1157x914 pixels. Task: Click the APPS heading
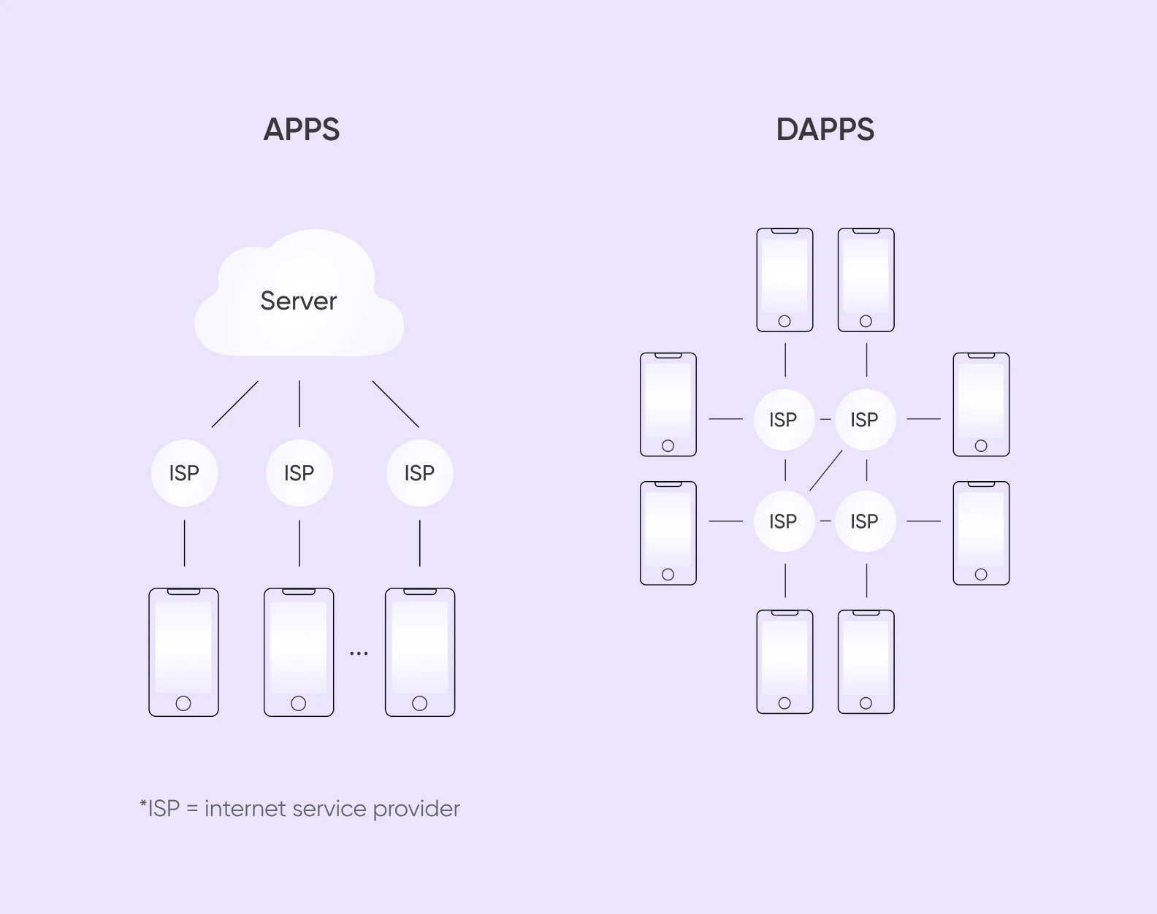tap(301, 130)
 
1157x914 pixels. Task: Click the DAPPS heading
tap(825, 130)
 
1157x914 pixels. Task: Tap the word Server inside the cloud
tap(298, 301)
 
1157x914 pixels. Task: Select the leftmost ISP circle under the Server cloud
tap(184, 473)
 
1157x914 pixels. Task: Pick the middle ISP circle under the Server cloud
tap(299, 473)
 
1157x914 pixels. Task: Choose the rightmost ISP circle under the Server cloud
tap(419, 473)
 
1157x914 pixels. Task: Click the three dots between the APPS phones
tap(359, 653)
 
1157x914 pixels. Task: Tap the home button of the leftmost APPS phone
tap(183, 703)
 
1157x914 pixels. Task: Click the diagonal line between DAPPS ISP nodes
tap(825, 471)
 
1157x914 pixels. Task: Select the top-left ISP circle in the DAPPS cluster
tap(783, 420)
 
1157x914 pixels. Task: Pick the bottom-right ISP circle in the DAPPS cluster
tap(864, 521)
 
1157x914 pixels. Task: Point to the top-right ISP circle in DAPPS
tap(864, 420)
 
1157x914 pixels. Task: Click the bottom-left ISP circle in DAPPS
tap(783, 521)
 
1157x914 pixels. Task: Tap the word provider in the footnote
tap(416, 809)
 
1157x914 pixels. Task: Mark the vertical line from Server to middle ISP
tap(299, 403)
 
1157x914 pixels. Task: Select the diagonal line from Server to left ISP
tap(234, 404)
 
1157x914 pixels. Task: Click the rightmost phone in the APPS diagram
tap(420, 652)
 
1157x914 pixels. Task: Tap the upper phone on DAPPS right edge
tap(981, 404)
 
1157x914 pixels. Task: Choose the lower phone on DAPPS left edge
tap(668, 533)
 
